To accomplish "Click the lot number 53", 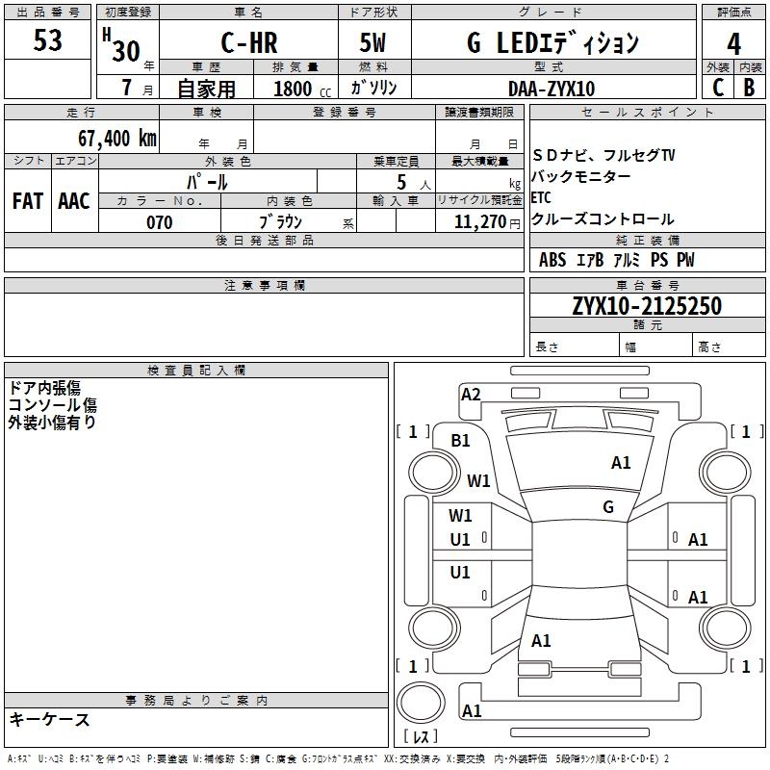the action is [x=47, y=41].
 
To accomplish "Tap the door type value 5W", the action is [x=373, y=42].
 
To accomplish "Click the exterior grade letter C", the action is [x=718, y=88].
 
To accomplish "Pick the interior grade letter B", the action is [x=749, y=88].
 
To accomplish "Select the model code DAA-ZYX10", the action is [x=552, y=89].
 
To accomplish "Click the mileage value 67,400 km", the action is [x=111, y=138].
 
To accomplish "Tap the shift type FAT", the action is [x=28, y=201].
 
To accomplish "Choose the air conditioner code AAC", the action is [x=74, y=201].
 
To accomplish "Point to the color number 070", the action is [x=159, y=222].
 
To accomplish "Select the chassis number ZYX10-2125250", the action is [x=647, y=306].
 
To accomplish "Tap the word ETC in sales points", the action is [x=541, y=198].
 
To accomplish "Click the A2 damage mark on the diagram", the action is [x=471, y=394].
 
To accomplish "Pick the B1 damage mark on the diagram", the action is [x=461, y=440].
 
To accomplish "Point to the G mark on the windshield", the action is [x=607, y=506].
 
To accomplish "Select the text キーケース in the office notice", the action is [x=49, y=720].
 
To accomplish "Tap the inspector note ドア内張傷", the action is [x=44, y=387].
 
